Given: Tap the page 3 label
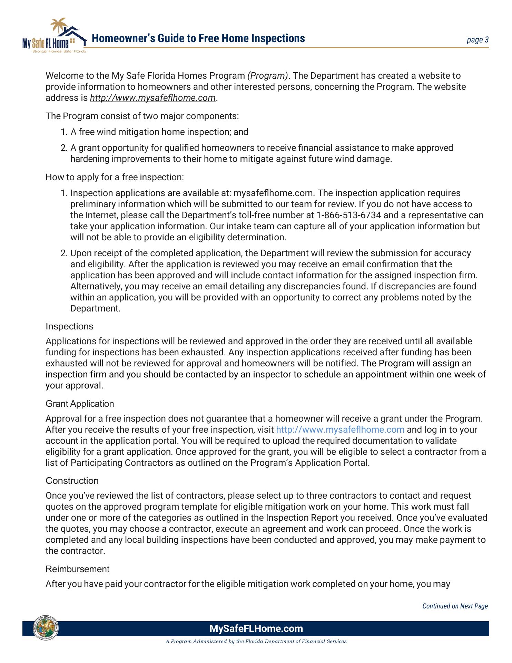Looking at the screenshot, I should pos(477,40).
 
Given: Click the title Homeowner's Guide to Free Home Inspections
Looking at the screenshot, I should pos(198,38).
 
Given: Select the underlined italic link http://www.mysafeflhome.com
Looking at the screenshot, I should pos(152,98).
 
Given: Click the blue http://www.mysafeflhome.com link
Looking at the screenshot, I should pos(340,430).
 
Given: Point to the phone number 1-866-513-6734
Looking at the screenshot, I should pos(348,215).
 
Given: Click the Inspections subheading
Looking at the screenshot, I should pos(69,326).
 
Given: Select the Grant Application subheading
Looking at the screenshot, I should pos(80,404).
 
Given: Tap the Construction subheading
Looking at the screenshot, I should pos(72,481).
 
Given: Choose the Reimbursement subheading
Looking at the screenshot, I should pos(77,569).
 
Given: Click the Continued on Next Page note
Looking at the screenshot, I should pos(455,606).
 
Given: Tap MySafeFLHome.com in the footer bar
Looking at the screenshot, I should pos(256,628).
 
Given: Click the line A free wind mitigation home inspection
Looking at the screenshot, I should pos(159,132).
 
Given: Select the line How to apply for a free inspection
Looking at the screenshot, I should pos(115,177).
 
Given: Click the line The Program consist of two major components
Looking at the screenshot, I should pos(142,116).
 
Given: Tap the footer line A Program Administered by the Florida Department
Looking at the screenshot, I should pos(256,642).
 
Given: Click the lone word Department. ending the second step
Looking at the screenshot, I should pos(95,308).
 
